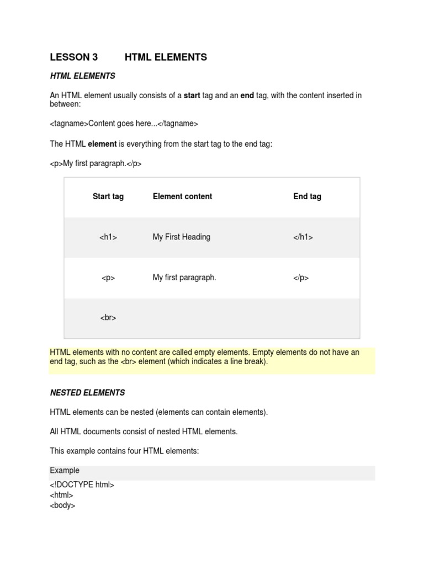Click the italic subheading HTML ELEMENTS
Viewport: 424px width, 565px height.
[82, 76]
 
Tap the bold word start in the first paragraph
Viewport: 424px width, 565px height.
[192, 95]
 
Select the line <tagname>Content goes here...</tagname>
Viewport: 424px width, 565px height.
[124, 124]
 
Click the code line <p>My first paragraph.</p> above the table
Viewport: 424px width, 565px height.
[96, 164]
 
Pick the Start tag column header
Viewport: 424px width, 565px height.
[108, 196]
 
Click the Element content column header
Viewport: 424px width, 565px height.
[182, 196]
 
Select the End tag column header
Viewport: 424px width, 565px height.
[307, 196]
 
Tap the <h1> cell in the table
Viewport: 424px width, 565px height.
[108, 237]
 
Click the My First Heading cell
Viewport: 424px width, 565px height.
[181, 237]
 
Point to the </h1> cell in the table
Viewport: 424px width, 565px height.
[303, 237]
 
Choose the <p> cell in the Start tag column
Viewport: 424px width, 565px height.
[108, 278]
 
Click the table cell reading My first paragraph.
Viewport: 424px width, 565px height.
[184, 278]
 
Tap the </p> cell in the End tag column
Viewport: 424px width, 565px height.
[301, 278]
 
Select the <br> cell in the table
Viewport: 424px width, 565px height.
[108, 318]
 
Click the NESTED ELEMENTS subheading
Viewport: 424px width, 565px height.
[87, 393]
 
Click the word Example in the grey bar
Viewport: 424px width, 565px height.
[65, 471]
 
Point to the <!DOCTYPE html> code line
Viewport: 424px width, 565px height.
[82, 485]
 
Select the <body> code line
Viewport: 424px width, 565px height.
[62, 505]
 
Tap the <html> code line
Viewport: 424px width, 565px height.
[61, 495]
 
